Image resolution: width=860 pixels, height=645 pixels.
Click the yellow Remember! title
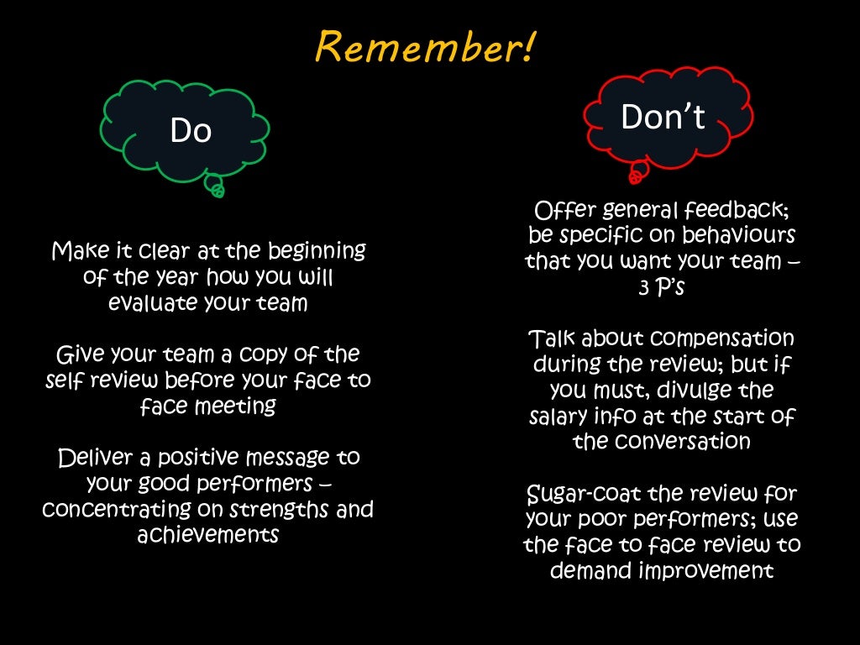424,48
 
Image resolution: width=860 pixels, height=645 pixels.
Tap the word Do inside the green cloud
191,130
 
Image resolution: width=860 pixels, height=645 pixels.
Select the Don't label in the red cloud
663,117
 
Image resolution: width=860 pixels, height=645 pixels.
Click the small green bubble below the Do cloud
217,189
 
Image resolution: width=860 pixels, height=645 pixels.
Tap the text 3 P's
662,287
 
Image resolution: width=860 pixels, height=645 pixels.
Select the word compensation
722,338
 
